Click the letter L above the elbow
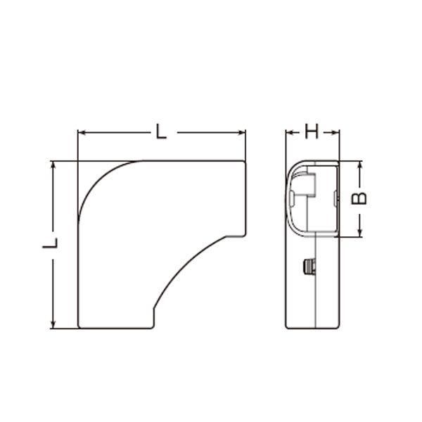tap(161, 132)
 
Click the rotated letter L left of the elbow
tap(50, 243)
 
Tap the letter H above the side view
tap(312, 132)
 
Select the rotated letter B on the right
tap(359, 198)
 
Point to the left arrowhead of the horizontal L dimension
tap(82, 132)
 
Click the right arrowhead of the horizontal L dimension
tap(241, 132)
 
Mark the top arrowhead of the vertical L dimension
tap(53, 165)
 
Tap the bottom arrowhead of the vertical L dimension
tap(53, 324)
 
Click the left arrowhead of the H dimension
tap(290, 132)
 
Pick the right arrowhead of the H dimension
tap(335, 132)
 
